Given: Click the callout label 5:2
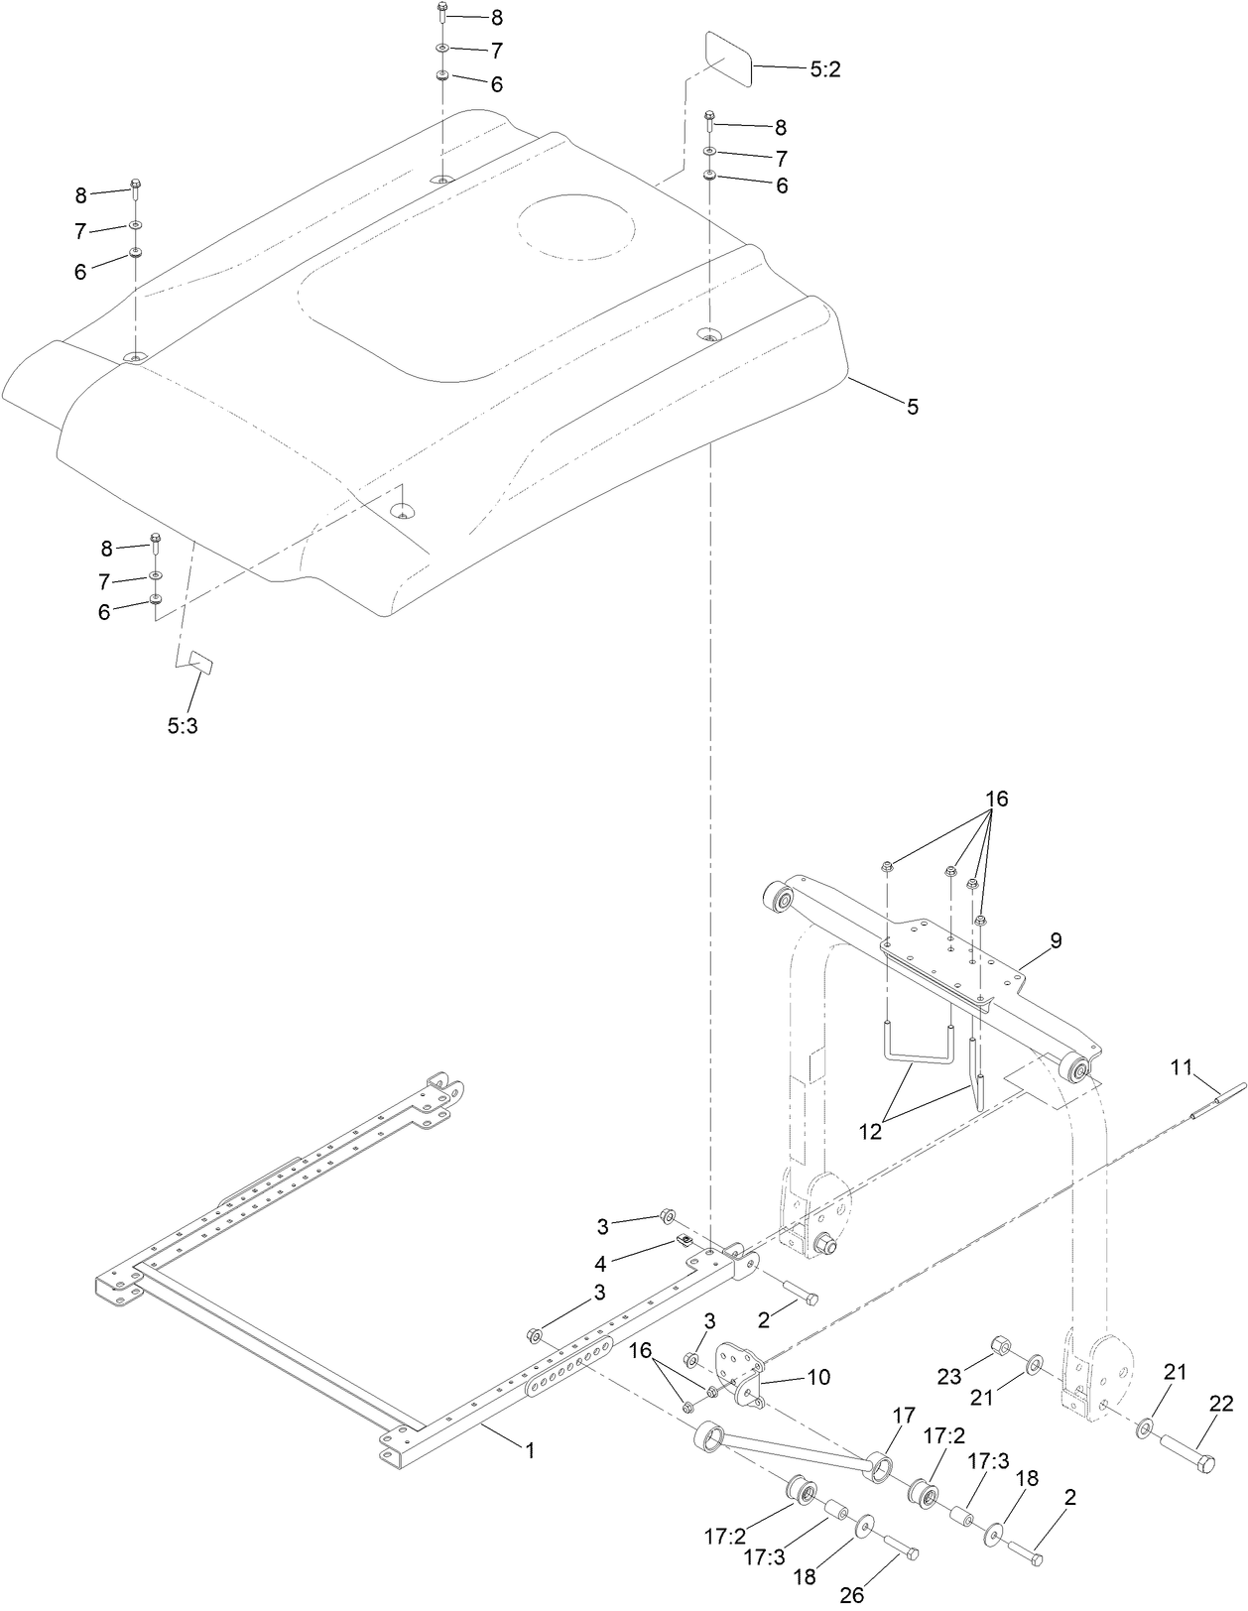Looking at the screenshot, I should click(825, 69).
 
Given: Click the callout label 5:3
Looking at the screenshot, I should click(182, 725).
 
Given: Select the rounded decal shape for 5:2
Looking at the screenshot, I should click(728, 58).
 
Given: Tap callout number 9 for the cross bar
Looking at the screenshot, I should click(1056, 940).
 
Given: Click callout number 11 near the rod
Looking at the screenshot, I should click(1181, 1067).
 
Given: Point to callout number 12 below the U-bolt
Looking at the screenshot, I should click(870, 1131).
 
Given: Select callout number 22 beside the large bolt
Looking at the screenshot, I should click(1220, 1404).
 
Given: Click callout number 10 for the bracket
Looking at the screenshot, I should click(819, 1377).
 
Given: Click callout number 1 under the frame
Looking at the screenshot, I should click(530, 1450).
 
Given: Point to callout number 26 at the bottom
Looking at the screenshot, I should click(852, 1595).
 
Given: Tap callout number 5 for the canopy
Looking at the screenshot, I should click(912, 406).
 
